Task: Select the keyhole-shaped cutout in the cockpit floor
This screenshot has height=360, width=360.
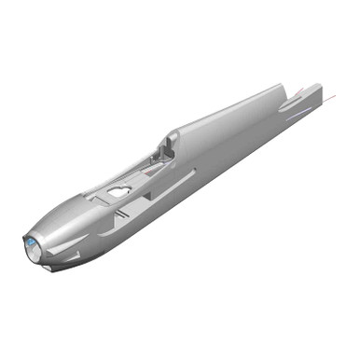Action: (x=118, y=190)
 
